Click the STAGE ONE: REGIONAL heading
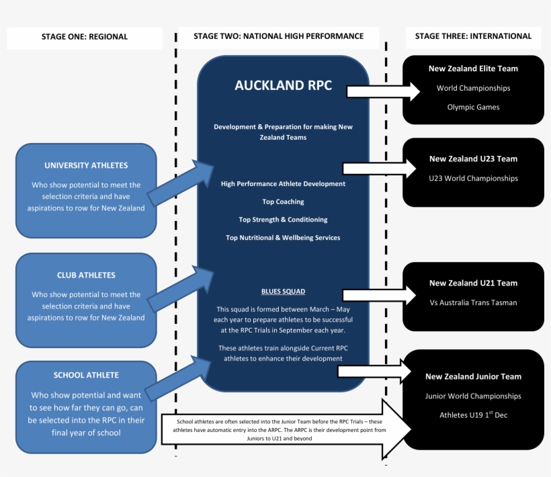85,37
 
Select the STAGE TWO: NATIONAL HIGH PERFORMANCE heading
278,36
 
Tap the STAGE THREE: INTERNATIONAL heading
473,36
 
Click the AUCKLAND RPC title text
283,86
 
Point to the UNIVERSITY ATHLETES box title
86,165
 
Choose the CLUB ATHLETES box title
86,275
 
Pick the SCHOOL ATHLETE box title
86,375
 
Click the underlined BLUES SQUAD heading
283,292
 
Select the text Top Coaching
283,202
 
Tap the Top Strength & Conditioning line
283,220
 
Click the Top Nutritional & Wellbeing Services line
283,238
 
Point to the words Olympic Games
473,107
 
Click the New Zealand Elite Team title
473,69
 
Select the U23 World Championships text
473,179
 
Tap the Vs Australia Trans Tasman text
473,302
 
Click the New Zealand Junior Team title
473,377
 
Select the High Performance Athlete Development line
283,183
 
